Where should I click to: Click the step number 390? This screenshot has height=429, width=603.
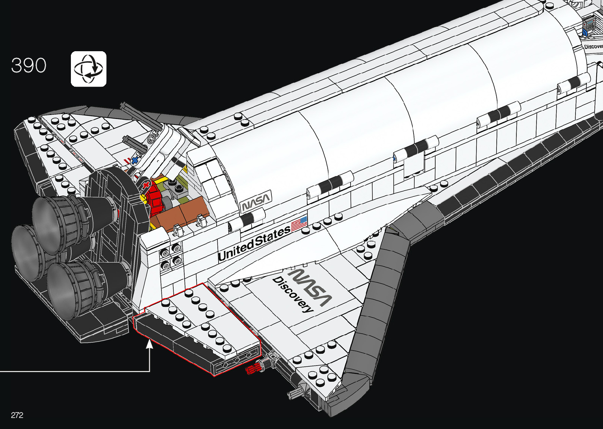pos(29,65)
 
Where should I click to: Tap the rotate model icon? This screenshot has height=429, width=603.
pos(89,69)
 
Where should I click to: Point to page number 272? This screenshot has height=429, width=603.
pos(17,415)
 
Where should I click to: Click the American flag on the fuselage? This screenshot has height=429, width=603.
pos(299,225)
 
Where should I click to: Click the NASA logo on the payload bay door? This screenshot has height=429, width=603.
pos(256,201)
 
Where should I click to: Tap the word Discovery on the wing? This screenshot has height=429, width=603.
pos(293,294)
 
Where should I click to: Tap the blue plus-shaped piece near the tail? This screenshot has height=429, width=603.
pos(135,160)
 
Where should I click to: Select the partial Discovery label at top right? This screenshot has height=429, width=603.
pos(593,46)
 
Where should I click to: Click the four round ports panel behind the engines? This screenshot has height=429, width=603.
pos(171,255)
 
